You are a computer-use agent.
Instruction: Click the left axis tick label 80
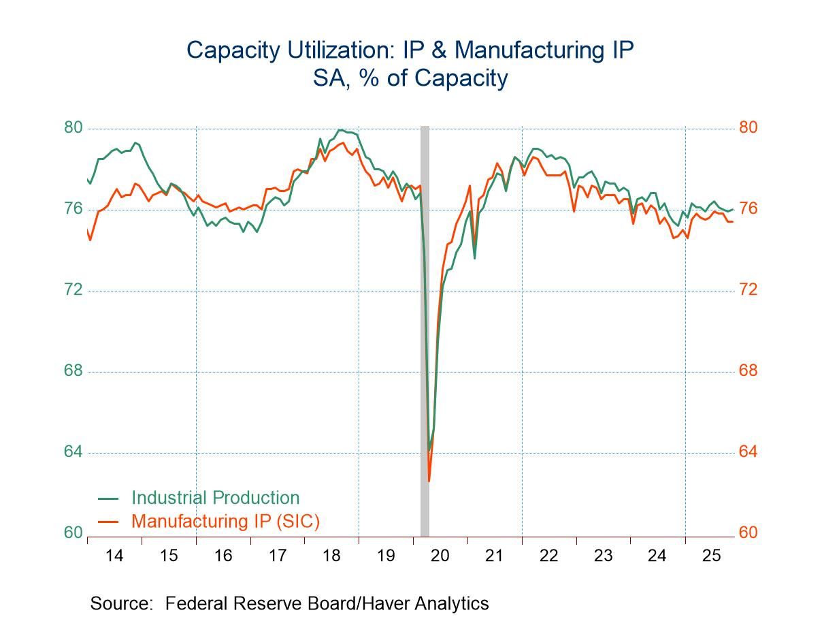[x=73, y=128]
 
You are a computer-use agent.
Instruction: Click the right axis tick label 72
[x=749, y=290]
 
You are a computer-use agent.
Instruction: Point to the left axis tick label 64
[x=73, y=452]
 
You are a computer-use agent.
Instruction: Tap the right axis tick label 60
[x=749, y=533]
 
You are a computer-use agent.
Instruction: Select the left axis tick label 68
[x=73, y=371]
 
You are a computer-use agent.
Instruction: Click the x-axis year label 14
[x=114, y=556]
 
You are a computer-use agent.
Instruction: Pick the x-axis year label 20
[x=440, y=556]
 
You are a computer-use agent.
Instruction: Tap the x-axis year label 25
[x=711, y=556]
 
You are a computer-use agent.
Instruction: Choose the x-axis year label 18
[x=331, y=556]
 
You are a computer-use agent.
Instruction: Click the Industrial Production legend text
[x=215, y=498]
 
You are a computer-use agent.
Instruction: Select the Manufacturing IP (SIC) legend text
[x=225, y=521]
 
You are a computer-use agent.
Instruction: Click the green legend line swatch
[x=108, y=499]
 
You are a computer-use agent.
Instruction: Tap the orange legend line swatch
[x=108, y=522]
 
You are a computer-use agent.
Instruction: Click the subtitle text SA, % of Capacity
[x=410, y=78]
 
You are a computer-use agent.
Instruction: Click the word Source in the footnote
[x=120, y=603]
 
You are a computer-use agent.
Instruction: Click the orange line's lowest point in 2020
[x=429, y=481]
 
